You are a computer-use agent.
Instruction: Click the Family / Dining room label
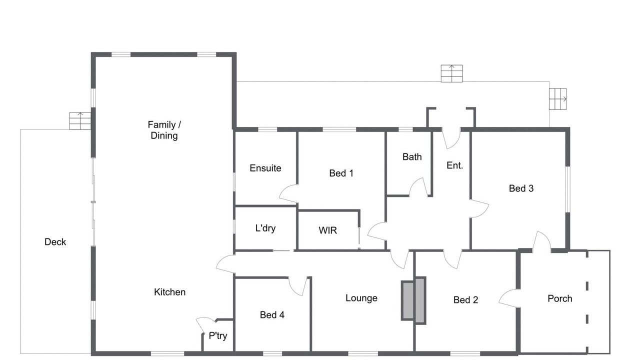tap(164, 130)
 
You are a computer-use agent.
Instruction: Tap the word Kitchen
tap(169, 292)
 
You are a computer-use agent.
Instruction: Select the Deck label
tap(55, 242)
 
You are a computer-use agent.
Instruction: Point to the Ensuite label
tap(265, 168)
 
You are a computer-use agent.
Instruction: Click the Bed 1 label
tap(341, 173)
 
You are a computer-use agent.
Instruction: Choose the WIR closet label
tap(327, 230)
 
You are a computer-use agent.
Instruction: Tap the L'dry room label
tap(265, 228)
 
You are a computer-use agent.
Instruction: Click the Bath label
tap(412, 157)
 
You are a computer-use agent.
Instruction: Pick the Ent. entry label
tap(455, 165)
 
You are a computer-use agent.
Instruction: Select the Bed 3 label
tap(521, 188)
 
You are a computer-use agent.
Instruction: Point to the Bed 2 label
tap(465, 300)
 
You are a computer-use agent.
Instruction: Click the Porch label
tap(560, 298)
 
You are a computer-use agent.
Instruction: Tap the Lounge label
tap(361, 298)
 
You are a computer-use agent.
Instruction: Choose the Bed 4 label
tap(272, 315)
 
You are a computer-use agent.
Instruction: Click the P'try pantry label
tap(218, 335)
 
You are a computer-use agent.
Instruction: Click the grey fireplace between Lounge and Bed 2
tap(413, 300)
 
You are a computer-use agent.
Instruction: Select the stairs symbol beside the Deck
tap(80, 120)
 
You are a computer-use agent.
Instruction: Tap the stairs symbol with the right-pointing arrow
tap(557, 99)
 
